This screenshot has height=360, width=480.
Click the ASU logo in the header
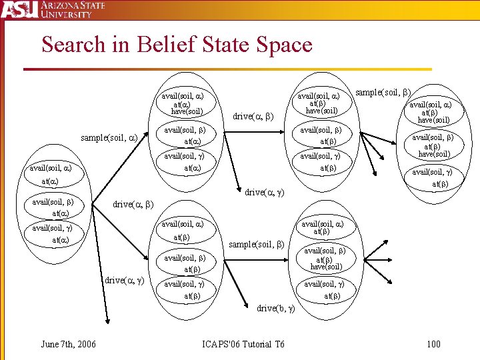point(17,9)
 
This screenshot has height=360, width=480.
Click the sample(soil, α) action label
point(109,138)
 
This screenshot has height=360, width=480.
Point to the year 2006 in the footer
point(85,344)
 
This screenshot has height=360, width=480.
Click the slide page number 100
point(433,344)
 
